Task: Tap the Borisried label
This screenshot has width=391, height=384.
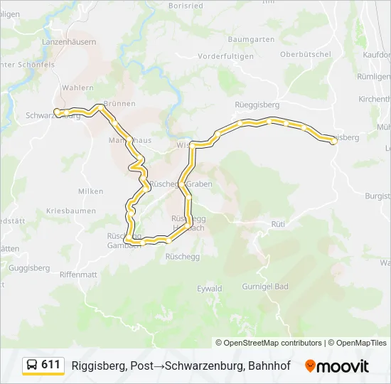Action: click(187, 5)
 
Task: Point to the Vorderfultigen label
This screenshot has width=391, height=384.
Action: click(225, 55)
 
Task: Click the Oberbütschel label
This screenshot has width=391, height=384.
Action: click(306, 54)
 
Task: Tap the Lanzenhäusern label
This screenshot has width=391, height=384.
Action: click(69, 42)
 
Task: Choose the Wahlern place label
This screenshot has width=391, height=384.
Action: click(78, 87)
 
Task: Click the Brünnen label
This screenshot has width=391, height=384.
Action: click(119, 103)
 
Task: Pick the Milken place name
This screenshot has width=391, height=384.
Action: click(91, 191)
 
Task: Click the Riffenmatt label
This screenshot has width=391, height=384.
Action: click(78, 274)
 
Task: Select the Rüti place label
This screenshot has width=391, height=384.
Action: click(278, 223)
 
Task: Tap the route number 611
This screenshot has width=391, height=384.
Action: click(50, 365)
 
